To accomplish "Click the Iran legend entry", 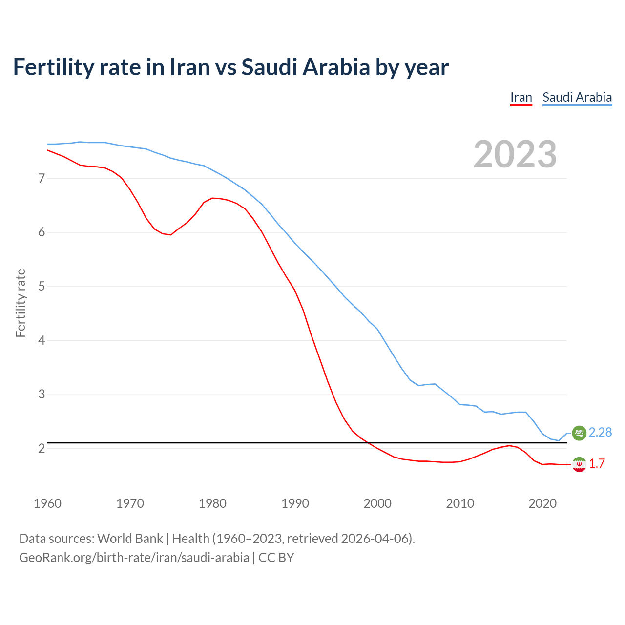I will pos(521,97).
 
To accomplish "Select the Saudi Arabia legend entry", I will pos(577,97).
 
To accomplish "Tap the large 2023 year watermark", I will pos(515,154).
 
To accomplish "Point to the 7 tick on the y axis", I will pos(42,178).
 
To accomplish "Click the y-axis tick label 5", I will pos(42,286).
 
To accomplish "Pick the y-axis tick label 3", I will pos(42,394).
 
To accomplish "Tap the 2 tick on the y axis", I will pos(42,448).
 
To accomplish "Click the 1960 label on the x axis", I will pos(47,503).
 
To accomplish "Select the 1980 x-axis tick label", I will pos(212,503).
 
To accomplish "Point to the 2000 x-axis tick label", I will pos(377,503).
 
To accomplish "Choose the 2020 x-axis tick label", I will pos(542,503).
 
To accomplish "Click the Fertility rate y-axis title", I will pos(21,303).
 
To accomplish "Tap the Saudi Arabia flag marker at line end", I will pos(579,433).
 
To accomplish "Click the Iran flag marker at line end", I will pos(579,464).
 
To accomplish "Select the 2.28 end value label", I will pos(600,433).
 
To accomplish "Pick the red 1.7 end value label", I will pos(597,464).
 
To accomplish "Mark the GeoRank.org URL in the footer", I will pos(134,557).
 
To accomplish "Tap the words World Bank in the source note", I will pos(130,539).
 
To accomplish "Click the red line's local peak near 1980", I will pos(212,198).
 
